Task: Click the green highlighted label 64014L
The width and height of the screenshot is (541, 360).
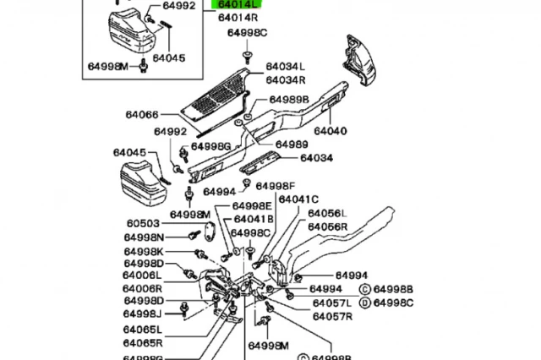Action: (239, 4)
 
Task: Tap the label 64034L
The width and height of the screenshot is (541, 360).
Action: (286, 67)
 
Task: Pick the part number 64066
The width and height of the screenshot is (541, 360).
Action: (142, 116)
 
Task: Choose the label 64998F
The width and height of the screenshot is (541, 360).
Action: (276, 185)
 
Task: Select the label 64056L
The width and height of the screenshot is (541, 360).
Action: (327, 215)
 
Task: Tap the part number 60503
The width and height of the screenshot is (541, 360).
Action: (143, 224)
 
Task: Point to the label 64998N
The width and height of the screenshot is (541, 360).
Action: (144, 237)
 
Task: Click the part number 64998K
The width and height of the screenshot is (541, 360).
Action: (144, 252)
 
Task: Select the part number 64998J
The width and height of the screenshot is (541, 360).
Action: (144, 314)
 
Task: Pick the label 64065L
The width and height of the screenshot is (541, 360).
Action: (142, 330)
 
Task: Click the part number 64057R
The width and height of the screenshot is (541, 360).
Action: (332, 317)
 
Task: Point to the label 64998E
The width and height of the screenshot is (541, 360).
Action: (253, 205)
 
